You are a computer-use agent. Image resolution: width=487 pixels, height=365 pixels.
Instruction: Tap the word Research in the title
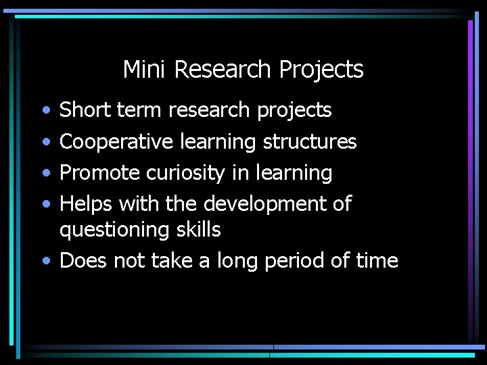click(221, 69)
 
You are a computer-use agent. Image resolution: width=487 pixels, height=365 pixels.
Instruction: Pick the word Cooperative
click(118, 142)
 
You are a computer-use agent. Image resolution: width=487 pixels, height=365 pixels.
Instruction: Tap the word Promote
click(101, 173)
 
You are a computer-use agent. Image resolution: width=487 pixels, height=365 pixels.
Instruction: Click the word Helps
click(85, 203)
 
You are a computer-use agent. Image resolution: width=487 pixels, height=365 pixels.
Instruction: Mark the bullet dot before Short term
click(45, 110)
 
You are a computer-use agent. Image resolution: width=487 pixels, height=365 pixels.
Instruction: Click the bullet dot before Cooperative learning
click(45, 142)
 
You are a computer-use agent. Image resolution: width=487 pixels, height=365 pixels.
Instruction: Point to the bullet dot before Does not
click(45, 262)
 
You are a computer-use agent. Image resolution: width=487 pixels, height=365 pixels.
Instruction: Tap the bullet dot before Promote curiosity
click(45, 173)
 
